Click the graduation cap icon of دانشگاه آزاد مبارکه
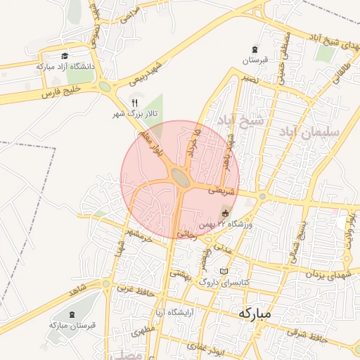65,56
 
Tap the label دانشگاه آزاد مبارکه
65,67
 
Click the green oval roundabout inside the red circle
181,178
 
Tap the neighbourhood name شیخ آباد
240,120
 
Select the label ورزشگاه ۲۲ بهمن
225,224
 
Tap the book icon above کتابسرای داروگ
224,271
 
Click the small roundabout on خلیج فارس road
105,86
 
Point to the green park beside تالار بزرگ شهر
153,107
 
